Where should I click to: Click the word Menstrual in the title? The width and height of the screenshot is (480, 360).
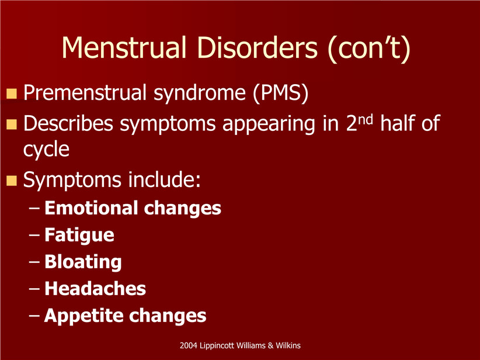[x=124, y=47]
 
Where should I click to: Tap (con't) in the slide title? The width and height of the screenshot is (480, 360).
[x=369, y=49]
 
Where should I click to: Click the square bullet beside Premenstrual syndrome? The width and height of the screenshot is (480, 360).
[x=12, y=94]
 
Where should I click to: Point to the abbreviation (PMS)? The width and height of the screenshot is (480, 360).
[x=281, y=92]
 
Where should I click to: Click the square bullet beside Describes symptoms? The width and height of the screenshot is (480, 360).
[x=12, y=124]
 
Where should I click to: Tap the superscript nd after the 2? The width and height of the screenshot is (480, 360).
[x=366, y=119]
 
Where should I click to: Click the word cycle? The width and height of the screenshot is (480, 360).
[x=46, y=150]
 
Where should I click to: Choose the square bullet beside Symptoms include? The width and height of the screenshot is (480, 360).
[x=12, y=181]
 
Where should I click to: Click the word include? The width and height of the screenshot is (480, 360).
[x=165, y=179]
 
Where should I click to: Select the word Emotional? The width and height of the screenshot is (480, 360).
[x=91, y=208]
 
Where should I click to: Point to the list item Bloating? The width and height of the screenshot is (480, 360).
[x=83, y=262]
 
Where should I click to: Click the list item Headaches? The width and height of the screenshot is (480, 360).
[x=95, y=289]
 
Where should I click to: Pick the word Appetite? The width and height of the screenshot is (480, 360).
[x=83, y=316]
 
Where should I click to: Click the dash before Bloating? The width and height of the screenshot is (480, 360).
[x=34, y=262]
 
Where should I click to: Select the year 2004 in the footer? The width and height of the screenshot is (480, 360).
[x=188, y=345]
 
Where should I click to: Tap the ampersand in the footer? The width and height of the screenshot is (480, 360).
[x=270, y=345]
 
